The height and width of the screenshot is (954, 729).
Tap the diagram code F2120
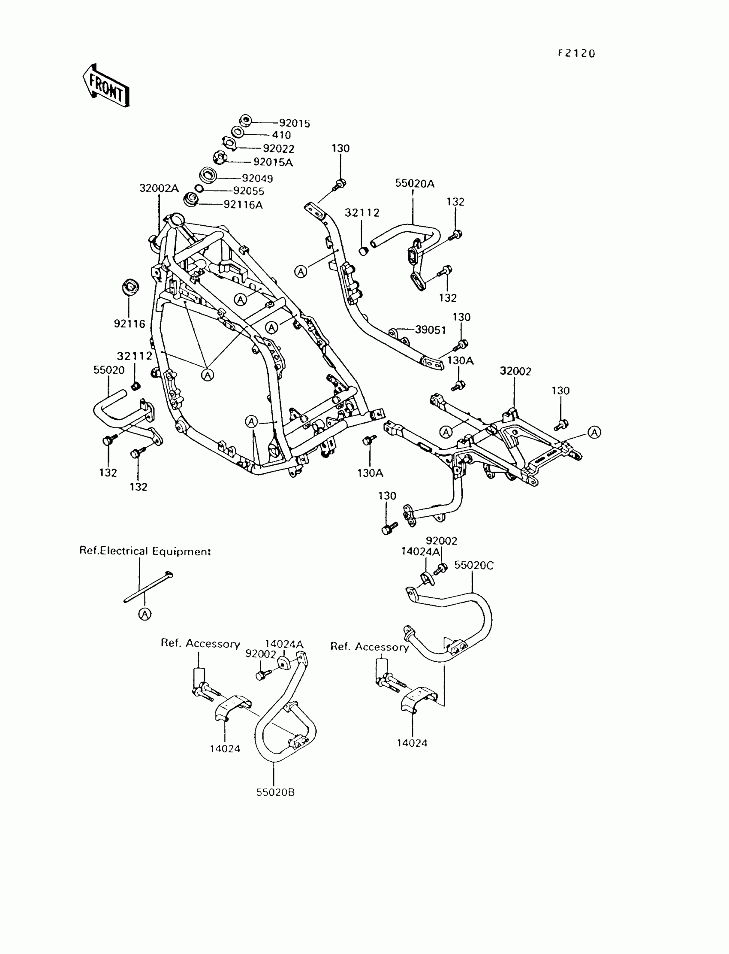[x=576, y=53]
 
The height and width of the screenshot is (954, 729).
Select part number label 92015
[x=294, y=124]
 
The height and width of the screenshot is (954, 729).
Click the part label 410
[x=281, y=135]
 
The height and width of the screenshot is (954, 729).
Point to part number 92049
[x=257, y=178]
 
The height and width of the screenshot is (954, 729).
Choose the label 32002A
[x=159, y=188]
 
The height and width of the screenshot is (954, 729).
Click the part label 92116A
[x=243, y=205]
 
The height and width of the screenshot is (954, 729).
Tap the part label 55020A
[x=414, y=183]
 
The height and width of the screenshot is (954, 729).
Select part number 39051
[x=430, y=330]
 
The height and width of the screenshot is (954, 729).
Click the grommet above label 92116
[x=130, y=287]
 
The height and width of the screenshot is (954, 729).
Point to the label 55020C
[x=474, y=565]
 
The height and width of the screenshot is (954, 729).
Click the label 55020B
[x=275, y=792]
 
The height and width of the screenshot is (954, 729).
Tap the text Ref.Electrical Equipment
[x=145, y=551]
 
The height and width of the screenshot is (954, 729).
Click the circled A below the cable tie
[x=145, y=614]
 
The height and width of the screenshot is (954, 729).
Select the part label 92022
[x=279, y=148]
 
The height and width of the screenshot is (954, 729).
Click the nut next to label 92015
[x=246, y=120]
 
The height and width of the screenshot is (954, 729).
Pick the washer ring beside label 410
[x=237, y=132]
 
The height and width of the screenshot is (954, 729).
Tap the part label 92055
[x=248, y=191]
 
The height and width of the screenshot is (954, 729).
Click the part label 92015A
[x=273, y=162]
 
